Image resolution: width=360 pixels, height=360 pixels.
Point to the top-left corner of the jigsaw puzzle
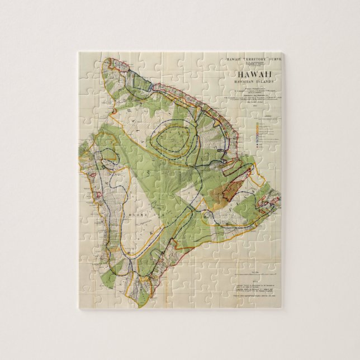pos(78,53)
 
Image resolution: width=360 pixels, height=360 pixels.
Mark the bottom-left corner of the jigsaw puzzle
pos(78,309)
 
